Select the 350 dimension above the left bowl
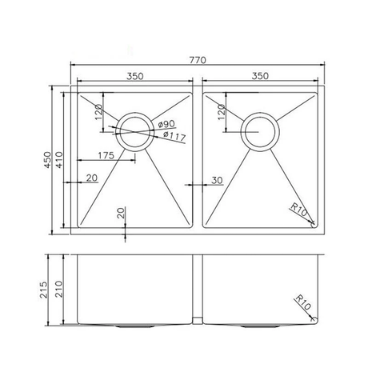[135, 77]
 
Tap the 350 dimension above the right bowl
[259, 77]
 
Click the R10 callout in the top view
[299, 212]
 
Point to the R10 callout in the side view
[302, 305]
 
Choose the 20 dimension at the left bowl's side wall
[90, 178]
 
